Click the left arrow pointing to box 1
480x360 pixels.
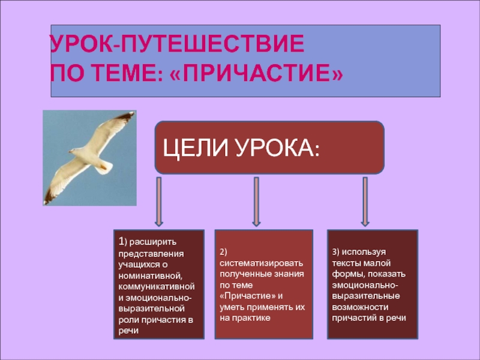(158, 201)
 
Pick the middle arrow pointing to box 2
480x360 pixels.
(256, 201)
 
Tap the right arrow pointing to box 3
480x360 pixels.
(364, 201)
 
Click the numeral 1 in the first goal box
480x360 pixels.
(121, 242)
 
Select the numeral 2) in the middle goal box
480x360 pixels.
(223, 251)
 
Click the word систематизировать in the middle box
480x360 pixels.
(262, 263)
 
